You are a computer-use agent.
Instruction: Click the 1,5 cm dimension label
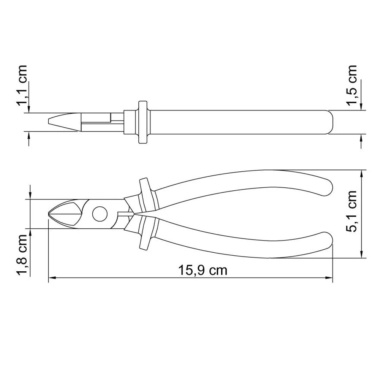coord(353,86)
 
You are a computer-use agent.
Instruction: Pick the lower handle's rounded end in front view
coord(327,243)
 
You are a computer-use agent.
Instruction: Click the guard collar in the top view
coord(142,122)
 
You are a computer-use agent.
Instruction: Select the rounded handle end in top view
coord(330,122)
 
